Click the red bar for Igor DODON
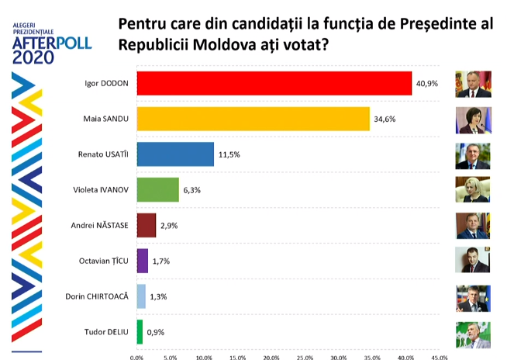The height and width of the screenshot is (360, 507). click(x=274, y=83)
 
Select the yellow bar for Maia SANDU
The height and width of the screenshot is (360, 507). click(x=253, y=119)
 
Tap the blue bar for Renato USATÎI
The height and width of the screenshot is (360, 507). click(x=175, y=154)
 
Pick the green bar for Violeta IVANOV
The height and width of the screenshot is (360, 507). click(x=157, y=189)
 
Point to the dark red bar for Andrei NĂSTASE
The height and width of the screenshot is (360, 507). click(x=147, y=225)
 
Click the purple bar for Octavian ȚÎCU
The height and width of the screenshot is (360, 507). click(x=142, y=261)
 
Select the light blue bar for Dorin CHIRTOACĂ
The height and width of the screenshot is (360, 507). click(x=141, y=296)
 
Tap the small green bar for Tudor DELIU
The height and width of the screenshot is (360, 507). click(x=140, y=332)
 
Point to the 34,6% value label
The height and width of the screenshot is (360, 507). click(x=385, y=119)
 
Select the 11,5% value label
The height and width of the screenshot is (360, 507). click(x=229, y=154)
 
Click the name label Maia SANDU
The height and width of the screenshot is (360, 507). click(x=105, y=119)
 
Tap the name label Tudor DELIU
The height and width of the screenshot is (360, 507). click(x=105, y=333)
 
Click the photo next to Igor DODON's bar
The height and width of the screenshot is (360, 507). click(x=473, y=83)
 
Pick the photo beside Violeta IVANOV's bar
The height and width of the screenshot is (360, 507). click(x=473, y=189)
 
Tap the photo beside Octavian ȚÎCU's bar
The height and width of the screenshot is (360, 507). click(x=473, y=260)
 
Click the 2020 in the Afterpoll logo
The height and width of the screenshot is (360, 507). click(x=34, y=57)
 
